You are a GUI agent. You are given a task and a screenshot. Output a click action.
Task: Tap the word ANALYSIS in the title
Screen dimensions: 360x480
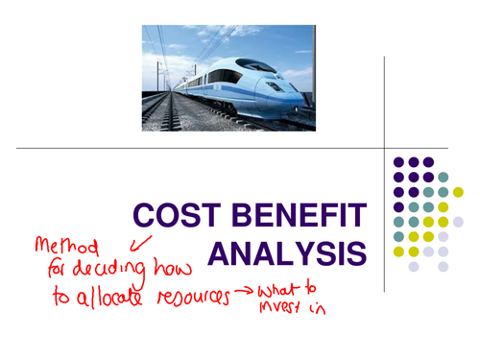[x=287, y=253]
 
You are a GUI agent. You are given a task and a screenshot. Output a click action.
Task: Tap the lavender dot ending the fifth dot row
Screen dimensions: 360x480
[x=458, y=222]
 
